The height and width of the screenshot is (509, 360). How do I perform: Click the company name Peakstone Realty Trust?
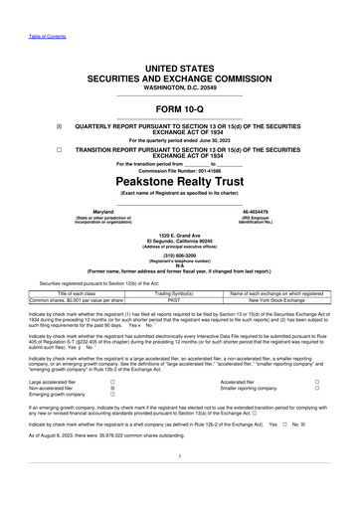[x=180, y=184]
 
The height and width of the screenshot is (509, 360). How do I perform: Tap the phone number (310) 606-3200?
[x=180, y=253]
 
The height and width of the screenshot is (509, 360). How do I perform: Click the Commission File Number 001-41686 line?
[x=180, y=172]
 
